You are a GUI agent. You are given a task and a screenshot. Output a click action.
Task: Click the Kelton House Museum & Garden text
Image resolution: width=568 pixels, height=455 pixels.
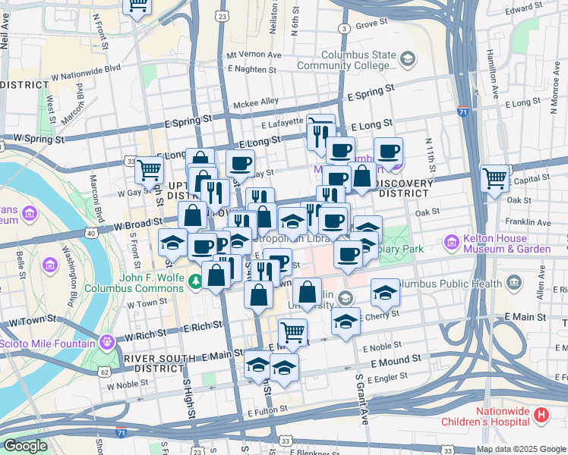click(507, 243)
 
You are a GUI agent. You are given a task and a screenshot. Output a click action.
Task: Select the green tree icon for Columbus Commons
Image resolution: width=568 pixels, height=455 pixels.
click(197, 281)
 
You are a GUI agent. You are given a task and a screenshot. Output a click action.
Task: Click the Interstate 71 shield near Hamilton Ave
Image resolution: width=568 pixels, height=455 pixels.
click(463, 111)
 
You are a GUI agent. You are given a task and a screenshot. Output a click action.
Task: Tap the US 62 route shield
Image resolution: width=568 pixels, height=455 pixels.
click(104, 372)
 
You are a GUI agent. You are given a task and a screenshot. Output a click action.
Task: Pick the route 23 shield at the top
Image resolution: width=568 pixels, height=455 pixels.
click(221, 15)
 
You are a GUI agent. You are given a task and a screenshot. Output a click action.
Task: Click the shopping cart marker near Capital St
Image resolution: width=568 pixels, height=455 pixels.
click(494, 179)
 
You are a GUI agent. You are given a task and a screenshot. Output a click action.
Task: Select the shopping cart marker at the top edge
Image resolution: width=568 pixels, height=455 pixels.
click(137, 6)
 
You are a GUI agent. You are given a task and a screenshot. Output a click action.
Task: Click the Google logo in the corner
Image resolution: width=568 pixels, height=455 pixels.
click(25, 447)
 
